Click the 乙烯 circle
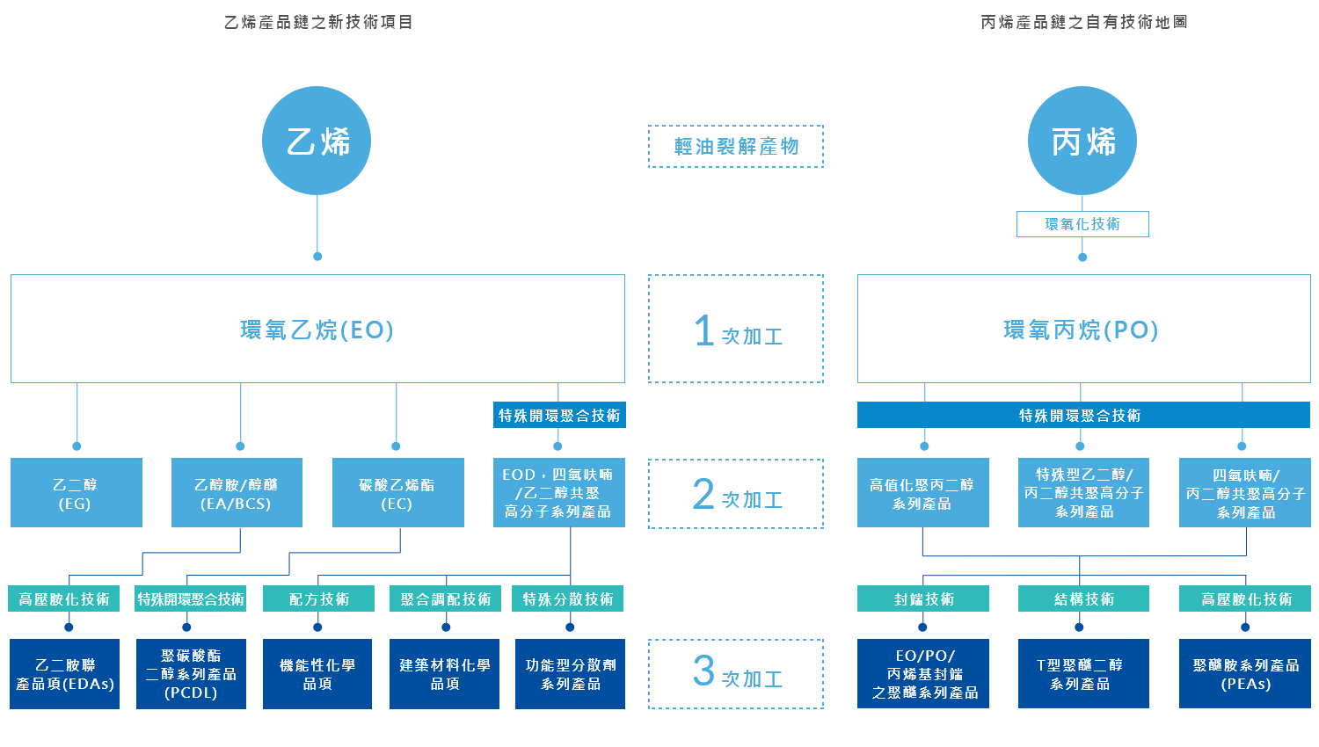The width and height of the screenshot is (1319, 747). point(317,141)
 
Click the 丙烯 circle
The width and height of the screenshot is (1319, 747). point(1082,141)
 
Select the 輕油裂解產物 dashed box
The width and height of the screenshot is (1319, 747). point(735,146)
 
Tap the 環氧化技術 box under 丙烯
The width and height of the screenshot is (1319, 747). point(1082,224)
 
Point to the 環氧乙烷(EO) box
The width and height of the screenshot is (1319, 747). point(317,329)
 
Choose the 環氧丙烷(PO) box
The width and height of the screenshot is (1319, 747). point(1083,329)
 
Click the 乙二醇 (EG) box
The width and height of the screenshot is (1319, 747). point(77,493)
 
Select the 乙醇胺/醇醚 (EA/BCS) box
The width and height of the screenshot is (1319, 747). point(237,493)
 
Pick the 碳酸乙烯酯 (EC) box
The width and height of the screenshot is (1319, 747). point(398,493)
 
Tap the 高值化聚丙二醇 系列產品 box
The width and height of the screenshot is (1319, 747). point(922,493)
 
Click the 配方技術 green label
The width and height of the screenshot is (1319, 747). point(318,598)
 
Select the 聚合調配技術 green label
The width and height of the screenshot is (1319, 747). point(445,598)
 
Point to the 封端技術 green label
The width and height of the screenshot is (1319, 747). point(922,598)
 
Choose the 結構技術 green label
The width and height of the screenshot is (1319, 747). point(1083,598)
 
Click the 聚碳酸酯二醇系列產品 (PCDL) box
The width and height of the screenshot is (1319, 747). point(191,674)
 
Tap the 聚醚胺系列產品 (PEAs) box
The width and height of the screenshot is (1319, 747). point(1245,674)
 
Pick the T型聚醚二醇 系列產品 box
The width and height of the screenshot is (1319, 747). point(1083,674)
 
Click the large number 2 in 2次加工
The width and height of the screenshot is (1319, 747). point(703,494)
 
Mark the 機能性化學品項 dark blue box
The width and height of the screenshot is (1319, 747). point(317,674)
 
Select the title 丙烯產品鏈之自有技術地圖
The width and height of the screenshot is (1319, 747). point(1083,22)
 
